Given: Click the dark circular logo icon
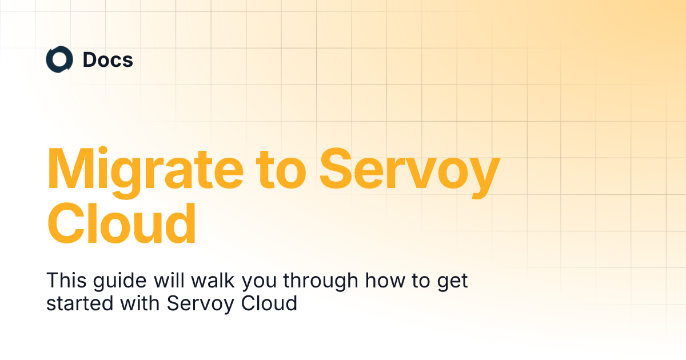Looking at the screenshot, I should [x=59, y=60].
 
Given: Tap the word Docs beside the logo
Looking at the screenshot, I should [x=108, y=60].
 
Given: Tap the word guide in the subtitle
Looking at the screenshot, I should [x=117, y=282].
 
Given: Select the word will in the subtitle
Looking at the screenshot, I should [x=162, y=281].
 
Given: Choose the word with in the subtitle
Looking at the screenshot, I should [x=134, y=302].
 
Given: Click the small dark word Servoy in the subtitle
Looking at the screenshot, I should [x=198, y=303].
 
